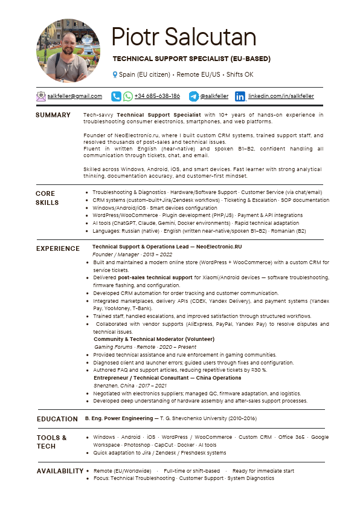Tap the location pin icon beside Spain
coord(115,74)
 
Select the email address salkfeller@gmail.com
coord(75,96)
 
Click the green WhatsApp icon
coord(128,96)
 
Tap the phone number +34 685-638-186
coord(157,96)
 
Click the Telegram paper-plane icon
coord(193,96)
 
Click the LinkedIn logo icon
coord(240,96)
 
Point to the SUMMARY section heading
coord(53,115)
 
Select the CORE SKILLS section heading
coord(47,198)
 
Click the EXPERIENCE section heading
coord(57,248)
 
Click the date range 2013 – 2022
coord(145,254)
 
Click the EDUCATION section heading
coord(57,419)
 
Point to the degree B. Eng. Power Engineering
coord(118,418)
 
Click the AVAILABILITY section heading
coord(60,471)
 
